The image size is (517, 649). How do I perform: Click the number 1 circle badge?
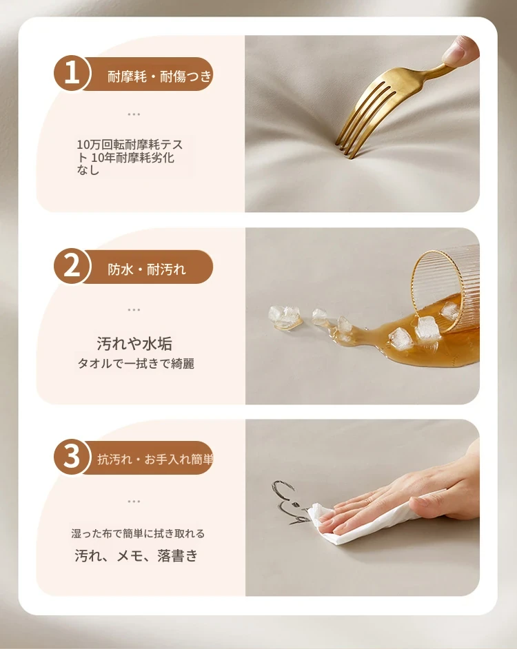point(72,74)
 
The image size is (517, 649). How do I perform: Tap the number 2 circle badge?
point(72,266)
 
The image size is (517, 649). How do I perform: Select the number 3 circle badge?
point(72,457)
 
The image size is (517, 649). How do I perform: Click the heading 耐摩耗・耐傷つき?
point(159,76)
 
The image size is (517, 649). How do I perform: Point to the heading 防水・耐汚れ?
point(147,269)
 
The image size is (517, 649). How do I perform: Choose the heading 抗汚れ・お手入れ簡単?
point(155,459)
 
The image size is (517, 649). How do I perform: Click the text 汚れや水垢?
point(134,344)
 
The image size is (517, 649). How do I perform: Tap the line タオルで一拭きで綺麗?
point(136,363)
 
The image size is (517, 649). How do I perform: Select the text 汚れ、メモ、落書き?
point(136,555)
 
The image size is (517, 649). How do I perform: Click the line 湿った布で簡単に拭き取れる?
point(138,533)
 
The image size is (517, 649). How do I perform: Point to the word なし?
point(88,170)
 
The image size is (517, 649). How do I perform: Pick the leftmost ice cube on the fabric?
point(284,316)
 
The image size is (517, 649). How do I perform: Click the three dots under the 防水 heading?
point(134,309)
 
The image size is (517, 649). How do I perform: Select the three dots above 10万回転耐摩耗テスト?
point(134,114)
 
